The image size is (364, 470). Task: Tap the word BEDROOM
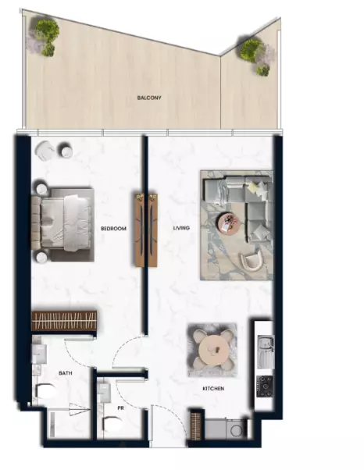click(x=114, y=228)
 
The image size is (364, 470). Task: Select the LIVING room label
click(x=183, y=228)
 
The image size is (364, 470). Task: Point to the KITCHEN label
click(x=213, y=388)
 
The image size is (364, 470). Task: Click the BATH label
click(x=65, y=374)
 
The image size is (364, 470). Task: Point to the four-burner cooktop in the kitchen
click(x=265, y=383)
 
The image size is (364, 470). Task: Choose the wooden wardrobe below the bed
click(x=64, y=320)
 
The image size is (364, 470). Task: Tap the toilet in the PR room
click(x=112, y=425)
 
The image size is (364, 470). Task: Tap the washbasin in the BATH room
click(x=39, y=355)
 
